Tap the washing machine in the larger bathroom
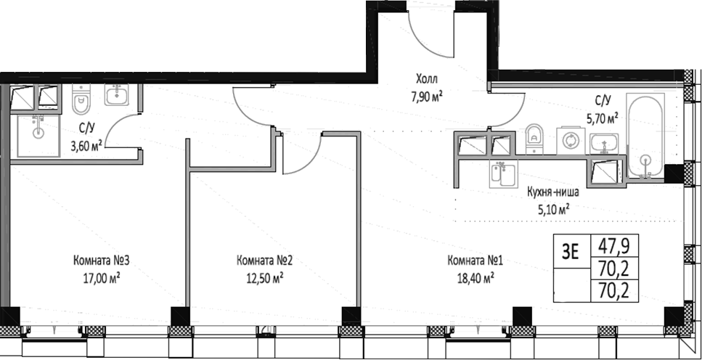click(568, 140)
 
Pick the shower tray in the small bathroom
click(36, 132)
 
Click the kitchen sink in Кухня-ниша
click(502, 175)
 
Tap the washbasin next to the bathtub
click(603, 145)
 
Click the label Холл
click(427, 79)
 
